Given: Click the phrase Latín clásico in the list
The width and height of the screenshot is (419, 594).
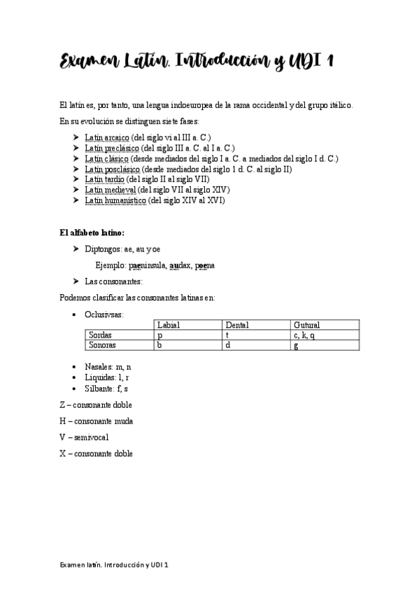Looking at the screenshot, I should coord(106,159).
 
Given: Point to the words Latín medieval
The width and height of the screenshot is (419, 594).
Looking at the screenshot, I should coord(111,190).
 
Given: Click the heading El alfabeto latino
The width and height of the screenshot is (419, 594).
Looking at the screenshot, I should coord(92,233).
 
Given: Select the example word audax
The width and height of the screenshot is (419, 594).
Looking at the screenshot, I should coord(180,265).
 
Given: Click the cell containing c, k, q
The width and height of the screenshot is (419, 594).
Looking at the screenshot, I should coord(305,336).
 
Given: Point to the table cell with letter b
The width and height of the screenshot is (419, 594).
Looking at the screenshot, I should coord(160,345).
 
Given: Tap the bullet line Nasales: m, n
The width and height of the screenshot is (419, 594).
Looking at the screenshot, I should coord(108,367).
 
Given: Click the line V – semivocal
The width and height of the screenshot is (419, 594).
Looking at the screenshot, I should coord(84,437).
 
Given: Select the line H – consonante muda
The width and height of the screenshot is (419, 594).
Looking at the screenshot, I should coord(97,421).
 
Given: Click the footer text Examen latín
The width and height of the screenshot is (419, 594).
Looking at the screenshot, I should coord(81,564).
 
